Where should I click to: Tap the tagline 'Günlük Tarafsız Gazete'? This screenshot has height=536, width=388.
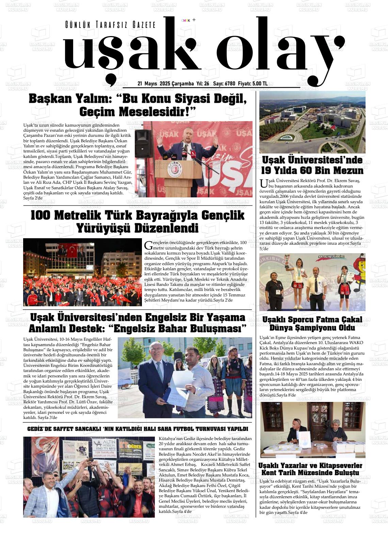[x=110, y=25]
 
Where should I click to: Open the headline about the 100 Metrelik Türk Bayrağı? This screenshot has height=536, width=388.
[x=138, y=221]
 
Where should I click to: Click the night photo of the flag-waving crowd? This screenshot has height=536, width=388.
[x=82, y=272]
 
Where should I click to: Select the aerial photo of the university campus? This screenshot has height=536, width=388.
[x=312, y=122]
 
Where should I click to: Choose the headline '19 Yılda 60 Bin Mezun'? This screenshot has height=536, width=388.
[x=312, y=165]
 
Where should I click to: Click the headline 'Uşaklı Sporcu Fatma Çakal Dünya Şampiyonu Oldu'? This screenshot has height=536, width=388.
[x=312, y=323]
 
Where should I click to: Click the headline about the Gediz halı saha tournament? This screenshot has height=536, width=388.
[x=138, y=429]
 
